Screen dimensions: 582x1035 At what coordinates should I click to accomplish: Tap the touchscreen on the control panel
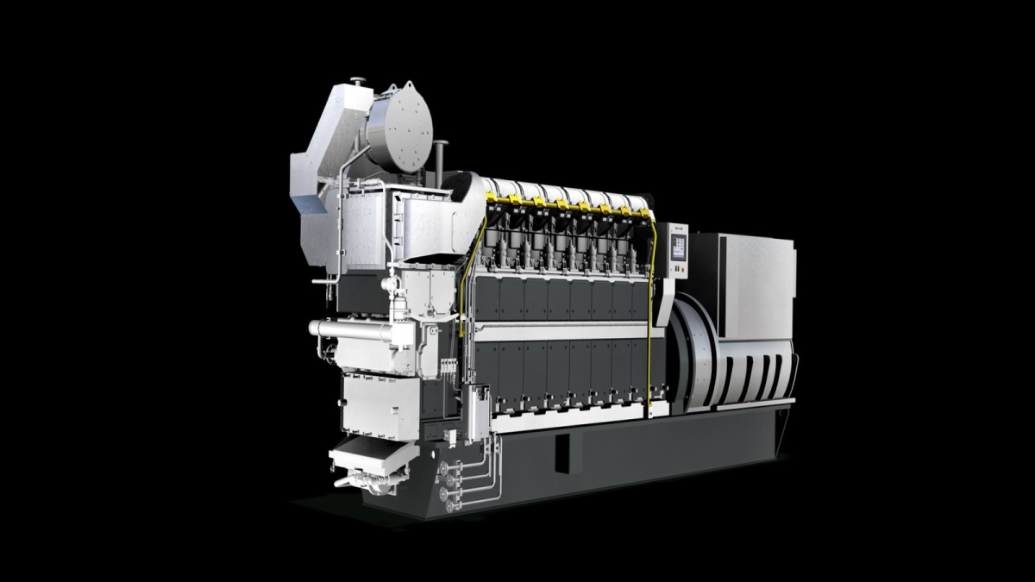pyautogui.click(x=678, y=247)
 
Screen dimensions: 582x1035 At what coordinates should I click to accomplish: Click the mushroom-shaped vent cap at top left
pyautogui.click(x=357, y=83)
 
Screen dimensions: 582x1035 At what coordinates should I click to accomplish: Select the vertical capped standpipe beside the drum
pyautogui.click(x=440, y=160)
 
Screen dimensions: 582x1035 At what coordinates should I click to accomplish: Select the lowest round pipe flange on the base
pyautogui.click(x=445, y=506)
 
